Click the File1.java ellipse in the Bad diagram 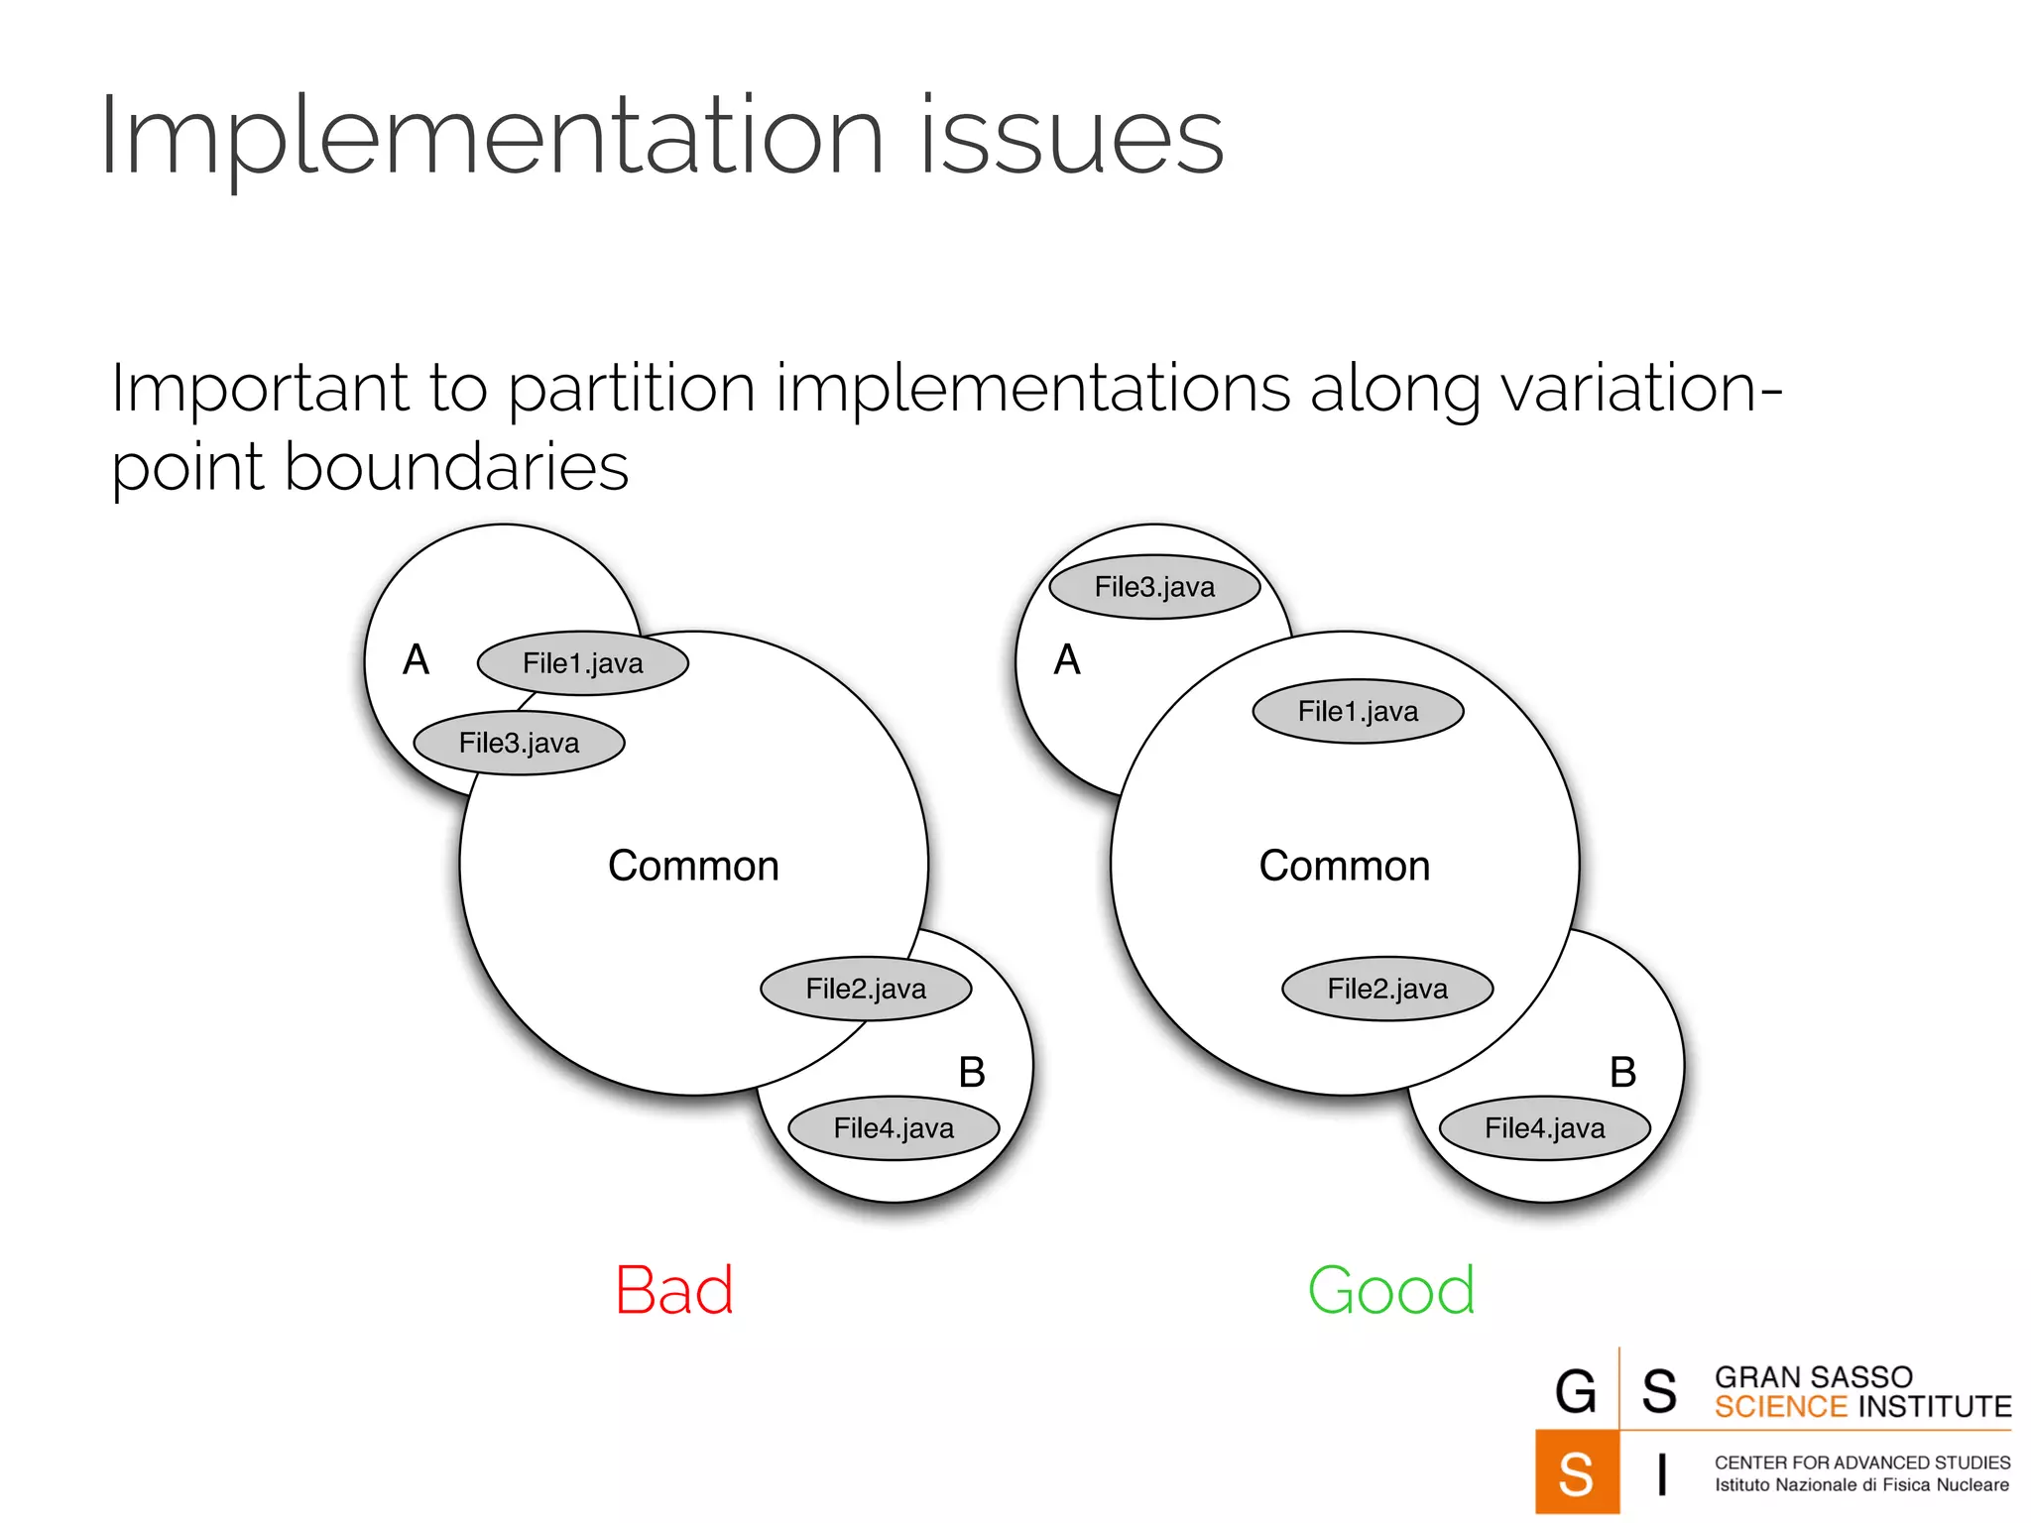click(x=583, y=663)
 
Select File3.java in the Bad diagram click(x=519, y=743)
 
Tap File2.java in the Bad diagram click(x=866, y=989)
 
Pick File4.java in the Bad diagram click(x=894, y=1128)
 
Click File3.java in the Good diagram click(x=1154, y=587)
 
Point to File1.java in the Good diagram click(x=1358, y=711)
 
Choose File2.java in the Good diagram click(x=1387, y=989)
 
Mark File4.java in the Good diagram click(x=1544, y=1128)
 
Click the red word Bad click(x=674, y=1291)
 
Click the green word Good click(x=1391, y=1291)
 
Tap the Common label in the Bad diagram click(x=693, y=866)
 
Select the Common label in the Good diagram click(x=1345, y=866)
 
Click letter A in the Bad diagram click(x=416, y=659)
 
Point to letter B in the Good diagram click(x=1622, y=1072)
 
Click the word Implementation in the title click(x=491, y=137)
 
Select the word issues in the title click(x=1071, y=137)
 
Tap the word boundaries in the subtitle click(x=456, y=467)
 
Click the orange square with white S click(x=1576, y=1472)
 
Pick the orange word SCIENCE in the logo click(x=1780, y=1407)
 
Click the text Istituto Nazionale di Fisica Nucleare click(x=1861, y=1485)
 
